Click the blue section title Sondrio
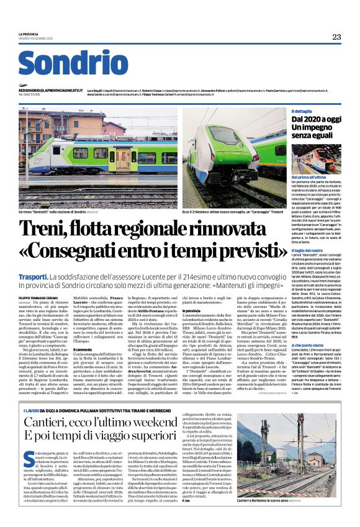coord(73,64)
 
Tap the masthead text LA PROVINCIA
coord(29,34)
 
